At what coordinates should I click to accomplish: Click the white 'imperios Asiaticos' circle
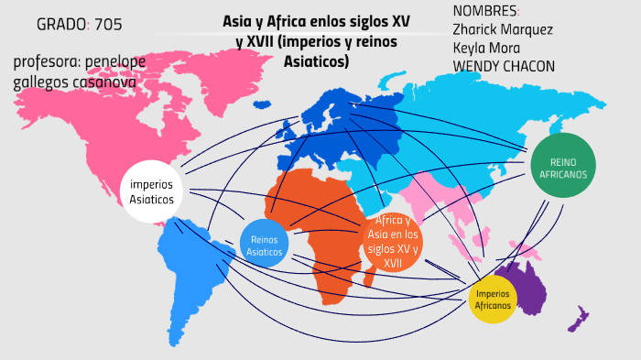pyautogui.click(x=152, y=191)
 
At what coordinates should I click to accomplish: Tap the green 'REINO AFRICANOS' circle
pyautogui.click(x=563, y=166)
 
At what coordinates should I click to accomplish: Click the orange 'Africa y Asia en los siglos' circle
pyautogui.click(x=393, y=242)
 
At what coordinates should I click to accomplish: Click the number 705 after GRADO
pyautogui.click(x=107, y=24)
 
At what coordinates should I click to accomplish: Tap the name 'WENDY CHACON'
pyautogui.click(x=504, y=66)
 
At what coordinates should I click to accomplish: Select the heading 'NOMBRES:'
pyautogui.click(x=484, y=10)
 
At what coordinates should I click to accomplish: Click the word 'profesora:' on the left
pyautogui.click(x=47, y=63)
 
